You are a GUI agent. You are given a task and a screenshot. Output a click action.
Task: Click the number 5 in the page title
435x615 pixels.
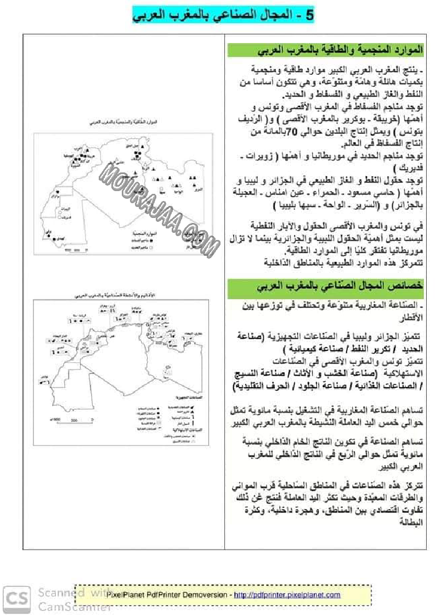[x=309, y=15]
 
